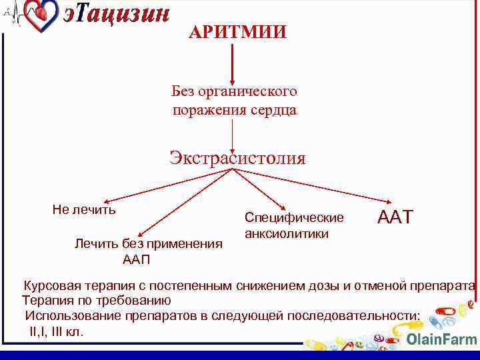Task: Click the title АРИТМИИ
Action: pos(237,32)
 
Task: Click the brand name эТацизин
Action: pos(117,15)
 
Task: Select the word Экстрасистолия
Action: pos(237,158)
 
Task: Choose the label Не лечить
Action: pos(84,209)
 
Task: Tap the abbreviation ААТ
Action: pos(395,217)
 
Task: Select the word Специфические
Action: pos(294,217)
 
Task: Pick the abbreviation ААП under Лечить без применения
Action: pos(137,259)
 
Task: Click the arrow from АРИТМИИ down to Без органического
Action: pos(232,63)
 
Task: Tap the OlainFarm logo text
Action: pos(441,339)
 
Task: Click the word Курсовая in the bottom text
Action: pos(53,286)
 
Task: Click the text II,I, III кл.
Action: pos(57,331)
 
